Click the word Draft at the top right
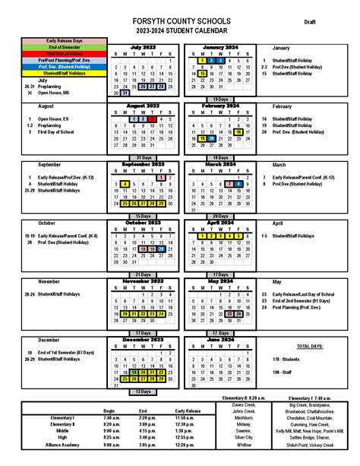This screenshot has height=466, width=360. point(311,23)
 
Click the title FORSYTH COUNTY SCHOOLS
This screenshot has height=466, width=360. point(180,22)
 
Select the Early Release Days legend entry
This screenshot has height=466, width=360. point(65,40)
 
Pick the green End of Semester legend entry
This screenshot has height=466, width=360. point(65,47)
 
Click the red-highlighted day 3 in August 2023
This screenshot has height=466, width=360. point(152,119)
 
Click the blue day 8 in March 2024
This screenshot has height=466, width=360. point(238,184)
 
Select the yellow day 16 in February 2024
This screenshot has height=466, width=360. point(238,132)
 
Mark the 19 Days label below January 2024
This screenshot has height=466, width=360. point(220,100)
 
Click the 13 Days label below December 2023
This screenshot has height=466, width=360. point(142,392)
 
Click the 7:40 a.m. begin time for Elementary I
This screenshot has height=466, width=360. point(112,418)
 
